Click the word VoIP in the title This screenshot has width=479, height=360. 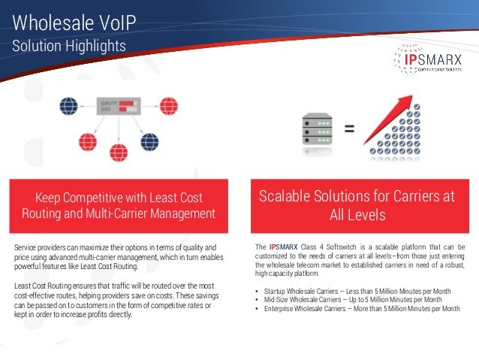tap(113, 20)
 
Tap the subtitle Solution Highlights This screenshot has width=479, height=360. tap(68, 46)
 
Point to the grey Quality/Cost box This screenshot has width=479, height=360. tap(117, 107)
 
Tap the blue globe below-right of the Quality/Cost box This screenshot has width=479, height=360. tap(150, 141)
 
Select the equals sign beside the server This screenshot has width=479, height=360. tap(349, 129)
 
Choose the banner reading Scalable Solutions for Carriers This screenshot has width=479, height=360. tap(357, 205)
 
